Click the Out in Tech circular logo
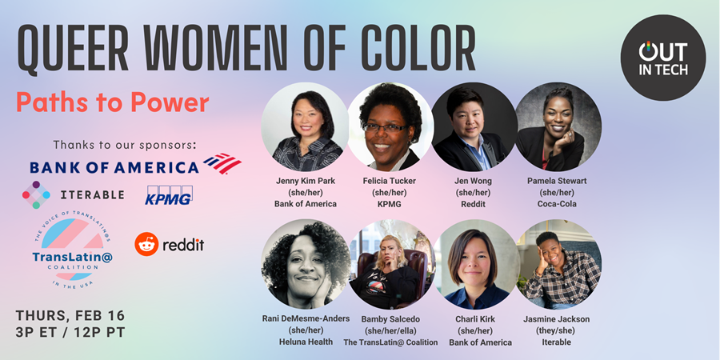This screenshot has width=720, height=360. click(x=662, y=58)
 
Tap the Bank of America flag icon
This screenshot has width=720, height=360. click(x=222, y=163)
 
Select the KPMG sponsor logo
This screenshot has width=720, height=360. click(x=169, y=194)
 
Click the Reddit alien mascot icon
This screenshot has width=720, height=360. click(x=146, y=244)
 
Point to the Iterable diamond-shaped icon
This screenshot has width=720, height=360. click(x=36, y=194)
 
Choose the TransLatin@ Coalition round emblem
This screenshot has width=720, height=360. click(x=73, y=252)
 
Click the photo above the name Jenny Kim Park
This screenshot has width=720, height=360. click(x=305, y=127)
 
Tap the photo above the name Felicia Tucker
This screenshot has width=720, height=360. click(x=390, y=127)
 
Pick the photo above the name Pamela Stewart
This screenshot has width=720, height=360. click(x=558, y=127)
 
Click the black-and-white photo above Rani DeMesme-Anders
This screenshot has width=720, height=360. click(x=306, y=264)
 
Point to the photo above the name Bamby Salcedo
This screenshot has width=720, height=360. click(x=390, y=264)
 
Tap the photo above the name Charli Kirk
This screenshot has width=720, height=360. click(x=476, y=264)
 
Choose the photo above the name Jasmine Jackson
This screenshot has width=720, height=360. click(x=558, y=264)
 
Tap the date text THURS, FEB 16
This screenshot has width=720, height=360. click(x=70, y=316)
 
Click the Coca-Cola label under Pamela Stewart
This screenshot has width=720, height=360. click(x=557, y=203)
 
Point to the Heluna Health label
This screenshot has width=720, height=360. click(x=306, y=342)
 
